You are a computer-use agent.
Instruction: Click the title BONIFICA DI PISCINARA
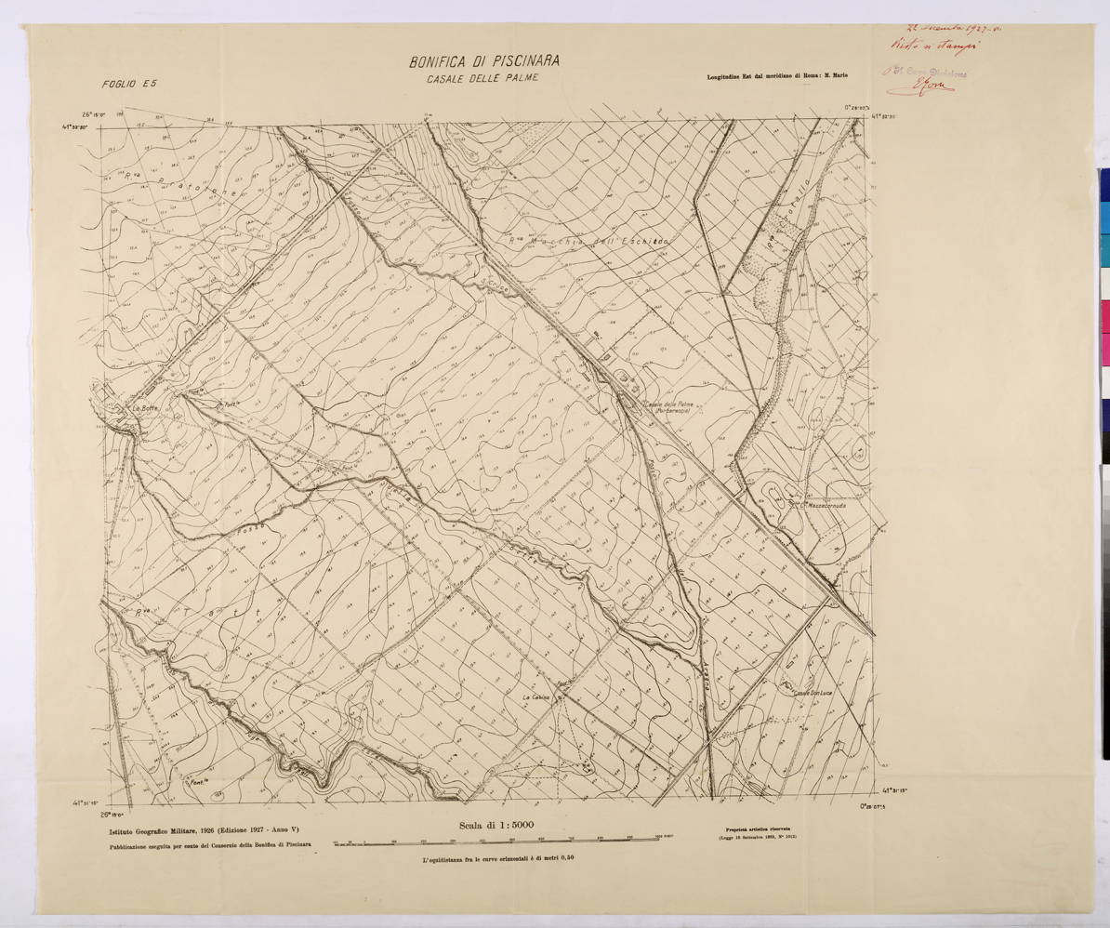click(x=483, y=62)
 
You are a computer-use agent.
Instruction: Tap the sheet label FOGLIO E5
click(x=129, y=84)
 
